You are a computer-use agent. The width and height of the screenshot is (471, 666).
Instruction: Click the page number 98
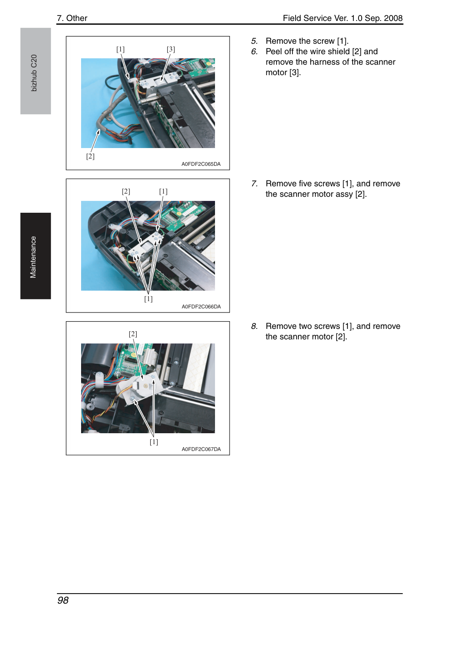[x=63, y=600]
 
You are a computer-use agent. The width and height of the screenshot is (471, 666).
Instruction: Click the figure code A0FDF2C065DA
[x=201, y=164]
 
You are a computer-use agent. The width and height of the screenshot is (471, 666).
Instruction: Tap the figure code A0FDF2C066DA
[x=201, y=307]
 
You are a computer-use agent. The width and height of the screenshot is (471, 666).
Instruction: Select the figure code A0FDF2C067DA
[x=201, y=449]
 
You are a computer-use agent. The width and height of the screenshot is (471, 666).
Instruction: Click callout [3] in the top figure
[x=171, y=49]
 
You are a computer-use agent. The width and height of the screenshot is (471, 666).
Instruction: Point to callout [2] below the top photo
[x=90, y=156]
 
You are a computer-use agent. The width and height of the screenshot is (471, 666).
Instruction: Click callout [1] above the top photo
[x=120, y=49]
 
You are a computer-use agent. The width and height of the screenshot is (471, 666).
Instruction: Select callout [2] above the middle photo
[x=126, y=191]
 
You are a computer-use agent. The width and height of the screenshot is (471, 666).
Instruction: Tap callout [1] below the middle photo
[x=148, y=299]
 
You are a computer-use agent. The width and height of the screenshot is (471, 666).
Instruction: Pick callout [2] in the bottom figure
[x=133, y=334]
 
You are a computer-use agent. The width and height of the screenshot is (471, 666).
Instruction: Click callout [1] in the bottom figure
[x=154, y=442]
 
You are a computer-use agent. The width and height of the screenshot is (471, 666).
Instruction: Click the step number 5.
[x=254, y=41]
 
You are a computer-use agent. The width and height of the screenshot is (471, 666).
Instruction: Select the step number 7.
[x=254, y=184]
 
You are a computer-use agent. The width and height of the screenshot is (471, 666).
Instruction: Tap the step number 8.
[x=254, y=327]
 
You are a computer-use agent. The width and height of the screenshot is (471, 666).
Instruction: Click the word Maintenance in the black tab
[x=33, y=257]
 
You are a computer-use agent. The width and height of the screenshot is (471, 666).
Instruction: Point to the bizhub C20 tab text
[x=34, y=73]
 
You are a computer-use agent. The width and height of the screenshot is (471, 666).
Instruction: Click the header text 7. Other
[x=72, y=18]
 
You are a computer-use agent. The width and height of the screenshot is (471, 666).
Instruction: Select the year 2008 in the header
[x=393, y=18]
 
